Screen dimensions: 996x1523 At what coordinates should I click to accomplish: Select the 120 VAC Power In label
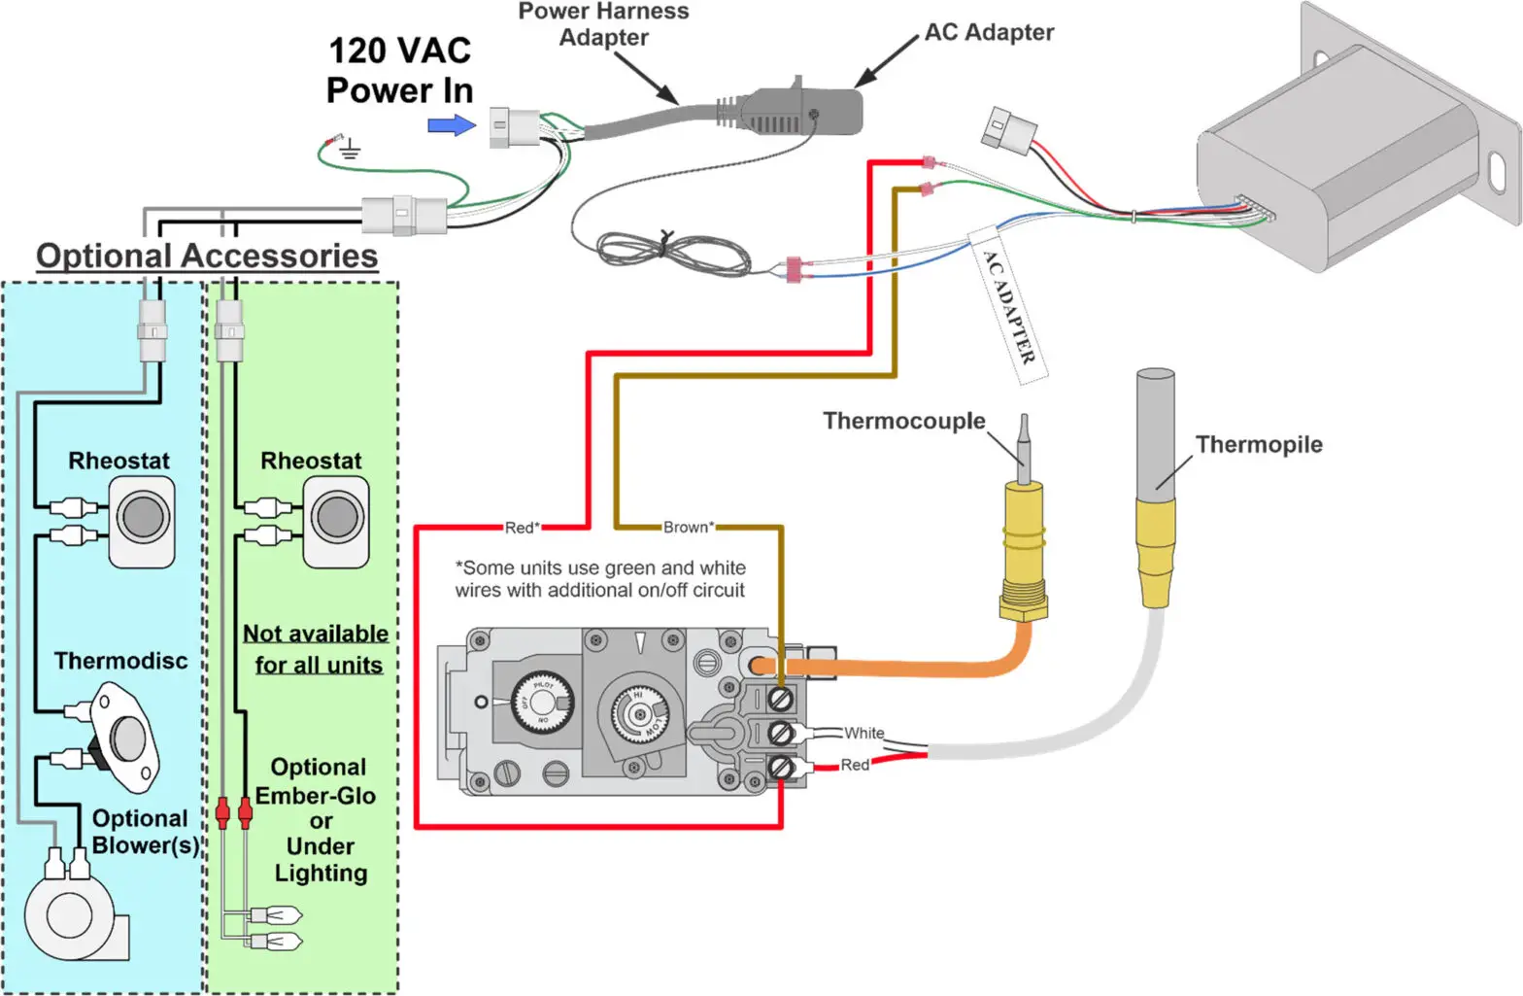click(399, 70)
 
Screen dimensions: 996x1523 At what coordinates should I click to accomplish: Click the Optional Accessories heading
click(207, 256)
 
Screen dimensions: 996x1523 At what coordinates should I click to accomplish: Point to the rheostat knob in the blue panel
click(143, 517)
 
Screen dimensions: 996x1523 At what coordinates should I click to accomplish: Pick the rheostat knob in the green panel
click(336, 517)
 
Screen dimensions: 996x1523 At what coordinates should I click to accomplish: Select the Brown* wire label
click(688, 528)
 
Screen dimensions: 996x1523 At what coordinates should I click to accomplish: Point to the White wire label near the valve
click(863, 733)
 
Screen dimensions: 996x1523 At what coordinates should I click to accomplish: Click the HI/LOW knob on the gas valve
click(639, 714)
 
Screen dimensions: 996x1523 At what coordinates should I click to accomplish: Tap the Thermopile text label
click(1258, 444)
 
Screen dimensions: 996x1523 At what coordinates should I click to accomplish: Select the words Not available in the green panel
click(315, 634)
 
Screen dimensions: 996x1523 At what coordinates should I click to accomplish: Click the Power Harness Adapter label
click(603, 24)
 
